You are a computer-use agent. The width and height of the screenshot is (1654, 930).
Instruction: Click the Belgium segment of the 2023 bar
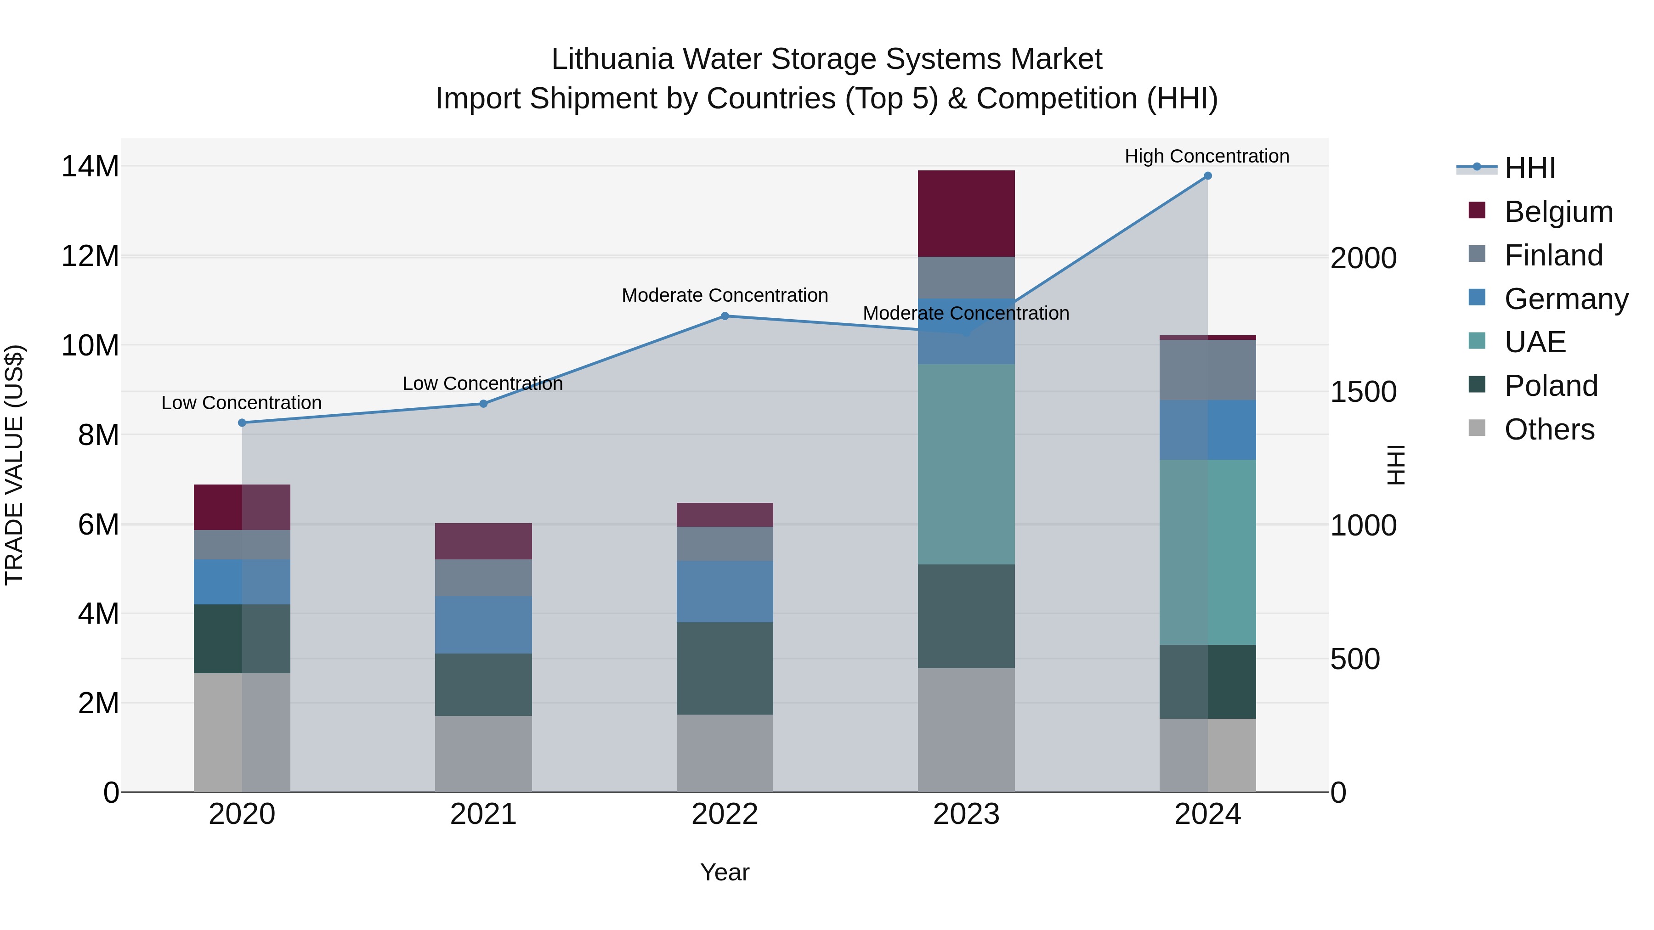[966, 213]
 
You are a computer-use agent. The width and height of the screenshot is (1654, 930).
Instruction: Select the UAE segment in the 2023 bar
[966, 463]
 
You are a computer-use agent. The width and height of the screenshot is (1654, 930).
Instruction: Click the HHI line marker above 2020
[242, 423]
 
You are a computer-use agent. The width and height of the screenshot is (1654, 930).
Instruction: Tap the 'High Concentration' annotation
[1207, 156]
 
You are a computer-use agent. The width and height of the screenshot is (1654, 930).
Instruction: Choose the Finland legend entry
[1553, 255]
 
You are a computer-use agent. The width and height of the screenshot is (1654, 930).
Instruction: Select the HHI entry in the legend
[1529, 168]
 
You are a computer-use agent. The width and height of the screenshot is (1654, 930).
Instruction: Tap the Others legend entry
[1549, 429]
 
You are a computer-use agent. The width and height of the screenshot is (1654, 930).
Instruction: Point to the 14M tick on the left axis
[90, 166]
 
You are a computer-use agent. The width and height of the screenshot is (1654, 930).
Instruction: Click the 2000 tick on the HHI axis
[1363, 258]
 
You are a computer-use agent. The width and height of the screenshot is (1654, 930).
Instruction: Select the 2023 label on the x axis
[966, 814]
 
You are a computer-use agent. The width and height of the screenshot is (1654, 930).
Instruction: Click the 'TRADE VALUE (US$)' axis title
[14, 464]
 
